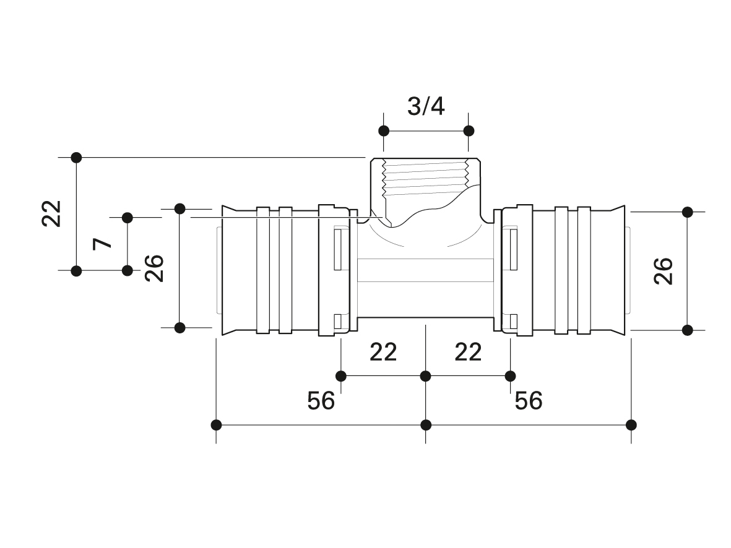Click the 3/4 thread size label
[426, 106]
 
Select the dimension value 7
[102, 243]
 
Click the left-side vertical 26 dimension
[154, 268]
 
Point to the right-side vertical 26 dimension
[664, 271]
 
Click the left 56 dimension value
[321, 400]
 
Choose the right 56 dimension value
[529, 400]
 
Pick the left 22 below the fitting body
[383, 352]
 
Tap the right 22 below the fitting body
[468, 352]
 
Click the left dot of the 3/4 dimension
[384, 131]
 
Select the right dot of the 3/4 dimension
[469, 131]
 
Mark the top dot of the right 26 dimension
[687, 212]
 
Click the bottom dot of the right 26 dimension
[687, 330]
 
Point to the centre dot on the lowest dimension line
[426, 425]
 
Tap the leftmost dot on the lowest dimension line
[216, 425]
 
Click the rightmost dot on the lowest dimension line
[631, 425]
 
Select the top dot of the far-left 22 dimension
[77, 158]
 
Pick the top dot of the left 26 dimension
[180, 208]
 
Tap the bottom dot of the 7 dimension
[128, 270]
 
